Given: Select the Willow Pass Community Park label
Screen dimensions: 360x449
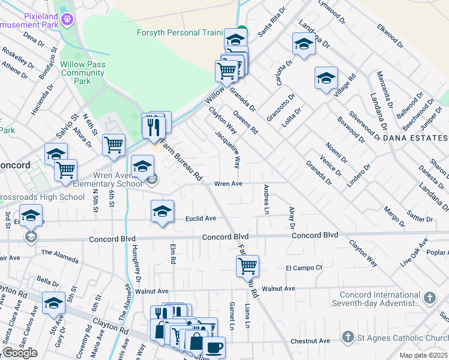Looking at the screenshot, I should point(83,72).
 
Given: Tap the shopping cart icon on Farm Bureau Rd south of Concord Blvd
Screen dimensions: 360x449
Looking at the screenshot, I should point(247,265).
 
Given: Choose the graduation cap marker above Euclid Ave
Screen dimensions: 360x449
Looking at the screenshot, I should point(162,211).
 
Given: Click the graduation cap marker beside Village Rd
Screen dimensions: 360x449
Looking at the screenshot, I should point(326,77).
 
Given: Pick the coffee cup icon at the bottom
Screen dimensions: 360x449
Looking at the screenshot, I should point(214,347).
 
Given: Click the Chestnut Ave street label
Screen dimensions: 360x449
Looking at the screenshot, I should point(310,341).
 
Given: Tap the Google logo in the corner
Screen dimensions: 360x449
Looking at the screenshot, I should point(20,352).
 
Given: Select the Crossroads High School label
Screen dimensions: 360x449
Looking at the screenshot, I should point(41,197).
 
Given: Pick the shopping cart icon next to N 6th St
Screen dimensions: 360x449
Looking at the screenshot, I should point(113,145).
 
